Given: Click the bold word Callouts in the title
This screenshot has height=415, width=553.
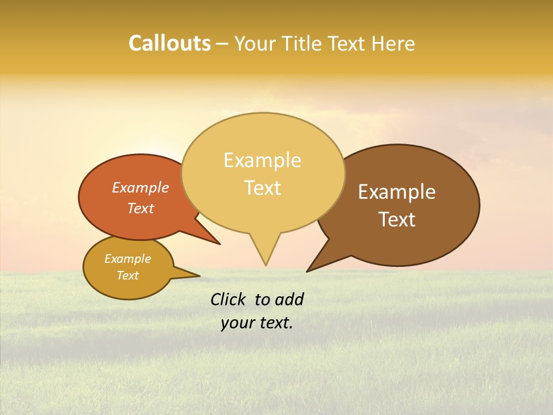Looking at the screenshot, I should (x=169, y=43).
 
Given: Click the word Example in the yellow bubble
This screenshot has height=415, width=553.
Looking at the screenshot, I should (x=262, y=160).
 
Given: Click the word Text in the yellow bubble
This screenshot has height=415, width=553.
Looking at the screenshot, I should (x=262, y=188).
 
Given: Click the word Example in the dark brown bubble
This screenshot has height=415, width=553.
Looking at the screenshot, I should (x=397, y=192).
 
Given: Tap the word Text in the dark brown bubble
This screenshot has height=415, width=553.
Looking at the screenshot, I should (x=397, y=220).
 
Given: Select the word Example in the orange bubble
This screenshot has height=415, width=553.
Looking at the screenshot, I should (x=141, y=187).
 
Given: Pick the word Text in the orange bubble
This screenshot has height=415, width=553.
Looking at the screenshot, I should (x=141, y=208).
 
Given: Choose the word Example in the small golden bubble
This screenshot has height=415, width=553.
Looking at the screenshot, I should (x=127, y=259).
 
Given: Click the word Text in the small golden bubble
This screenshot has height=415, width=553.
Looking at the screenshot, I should (x=127, y=276).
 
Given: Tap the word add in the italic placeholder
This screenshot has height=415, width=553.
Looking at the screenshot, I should (x=289, y=299).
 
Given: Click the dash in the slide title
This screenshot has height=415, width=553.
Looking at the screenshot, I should (x=223, y=44).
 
